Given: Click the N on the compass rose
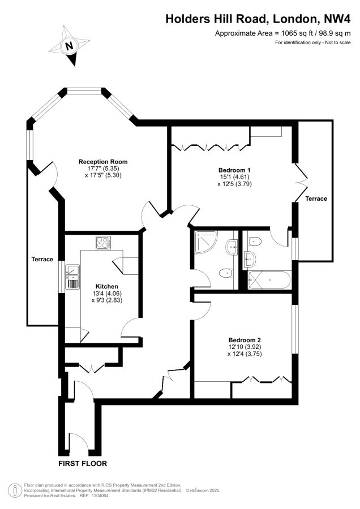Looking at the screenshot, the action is (x=69, y=46).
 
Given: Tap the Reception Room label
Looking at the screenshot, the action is (x=103, y=162).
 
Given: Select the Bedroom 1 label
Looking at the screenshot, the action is (x=234, y=170).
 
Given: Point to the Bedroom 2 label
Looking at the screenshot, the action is (x=245, y=340).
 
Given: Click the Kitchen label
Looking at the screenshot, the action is (x=106, y=286).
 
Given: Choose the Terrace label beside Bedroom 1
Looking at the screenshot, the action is (x=316, y=199).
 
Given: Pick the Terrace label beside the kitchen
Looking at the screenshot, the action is (x=42, y=259).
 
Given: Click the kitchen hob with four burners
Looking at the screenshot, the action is (x=104, y=243).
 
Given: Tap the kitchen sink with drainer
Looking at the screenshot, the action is (x=73, y=277).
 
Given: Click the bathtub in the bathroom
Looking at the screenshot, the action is (x=269, y=280).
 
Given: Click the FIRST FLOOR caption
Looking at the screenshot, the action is (x=83, y=464).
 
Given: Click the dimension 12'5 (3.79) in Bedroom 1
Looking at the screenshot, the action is (x=234, y=184).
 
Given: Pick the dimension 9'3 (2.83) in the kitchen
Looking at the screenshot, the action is (x=107, y=300).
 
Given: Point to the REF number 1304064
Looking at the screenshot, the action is (x=100, y=495).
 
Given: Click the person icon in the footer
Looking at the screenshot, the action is (x=15, y=490).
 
